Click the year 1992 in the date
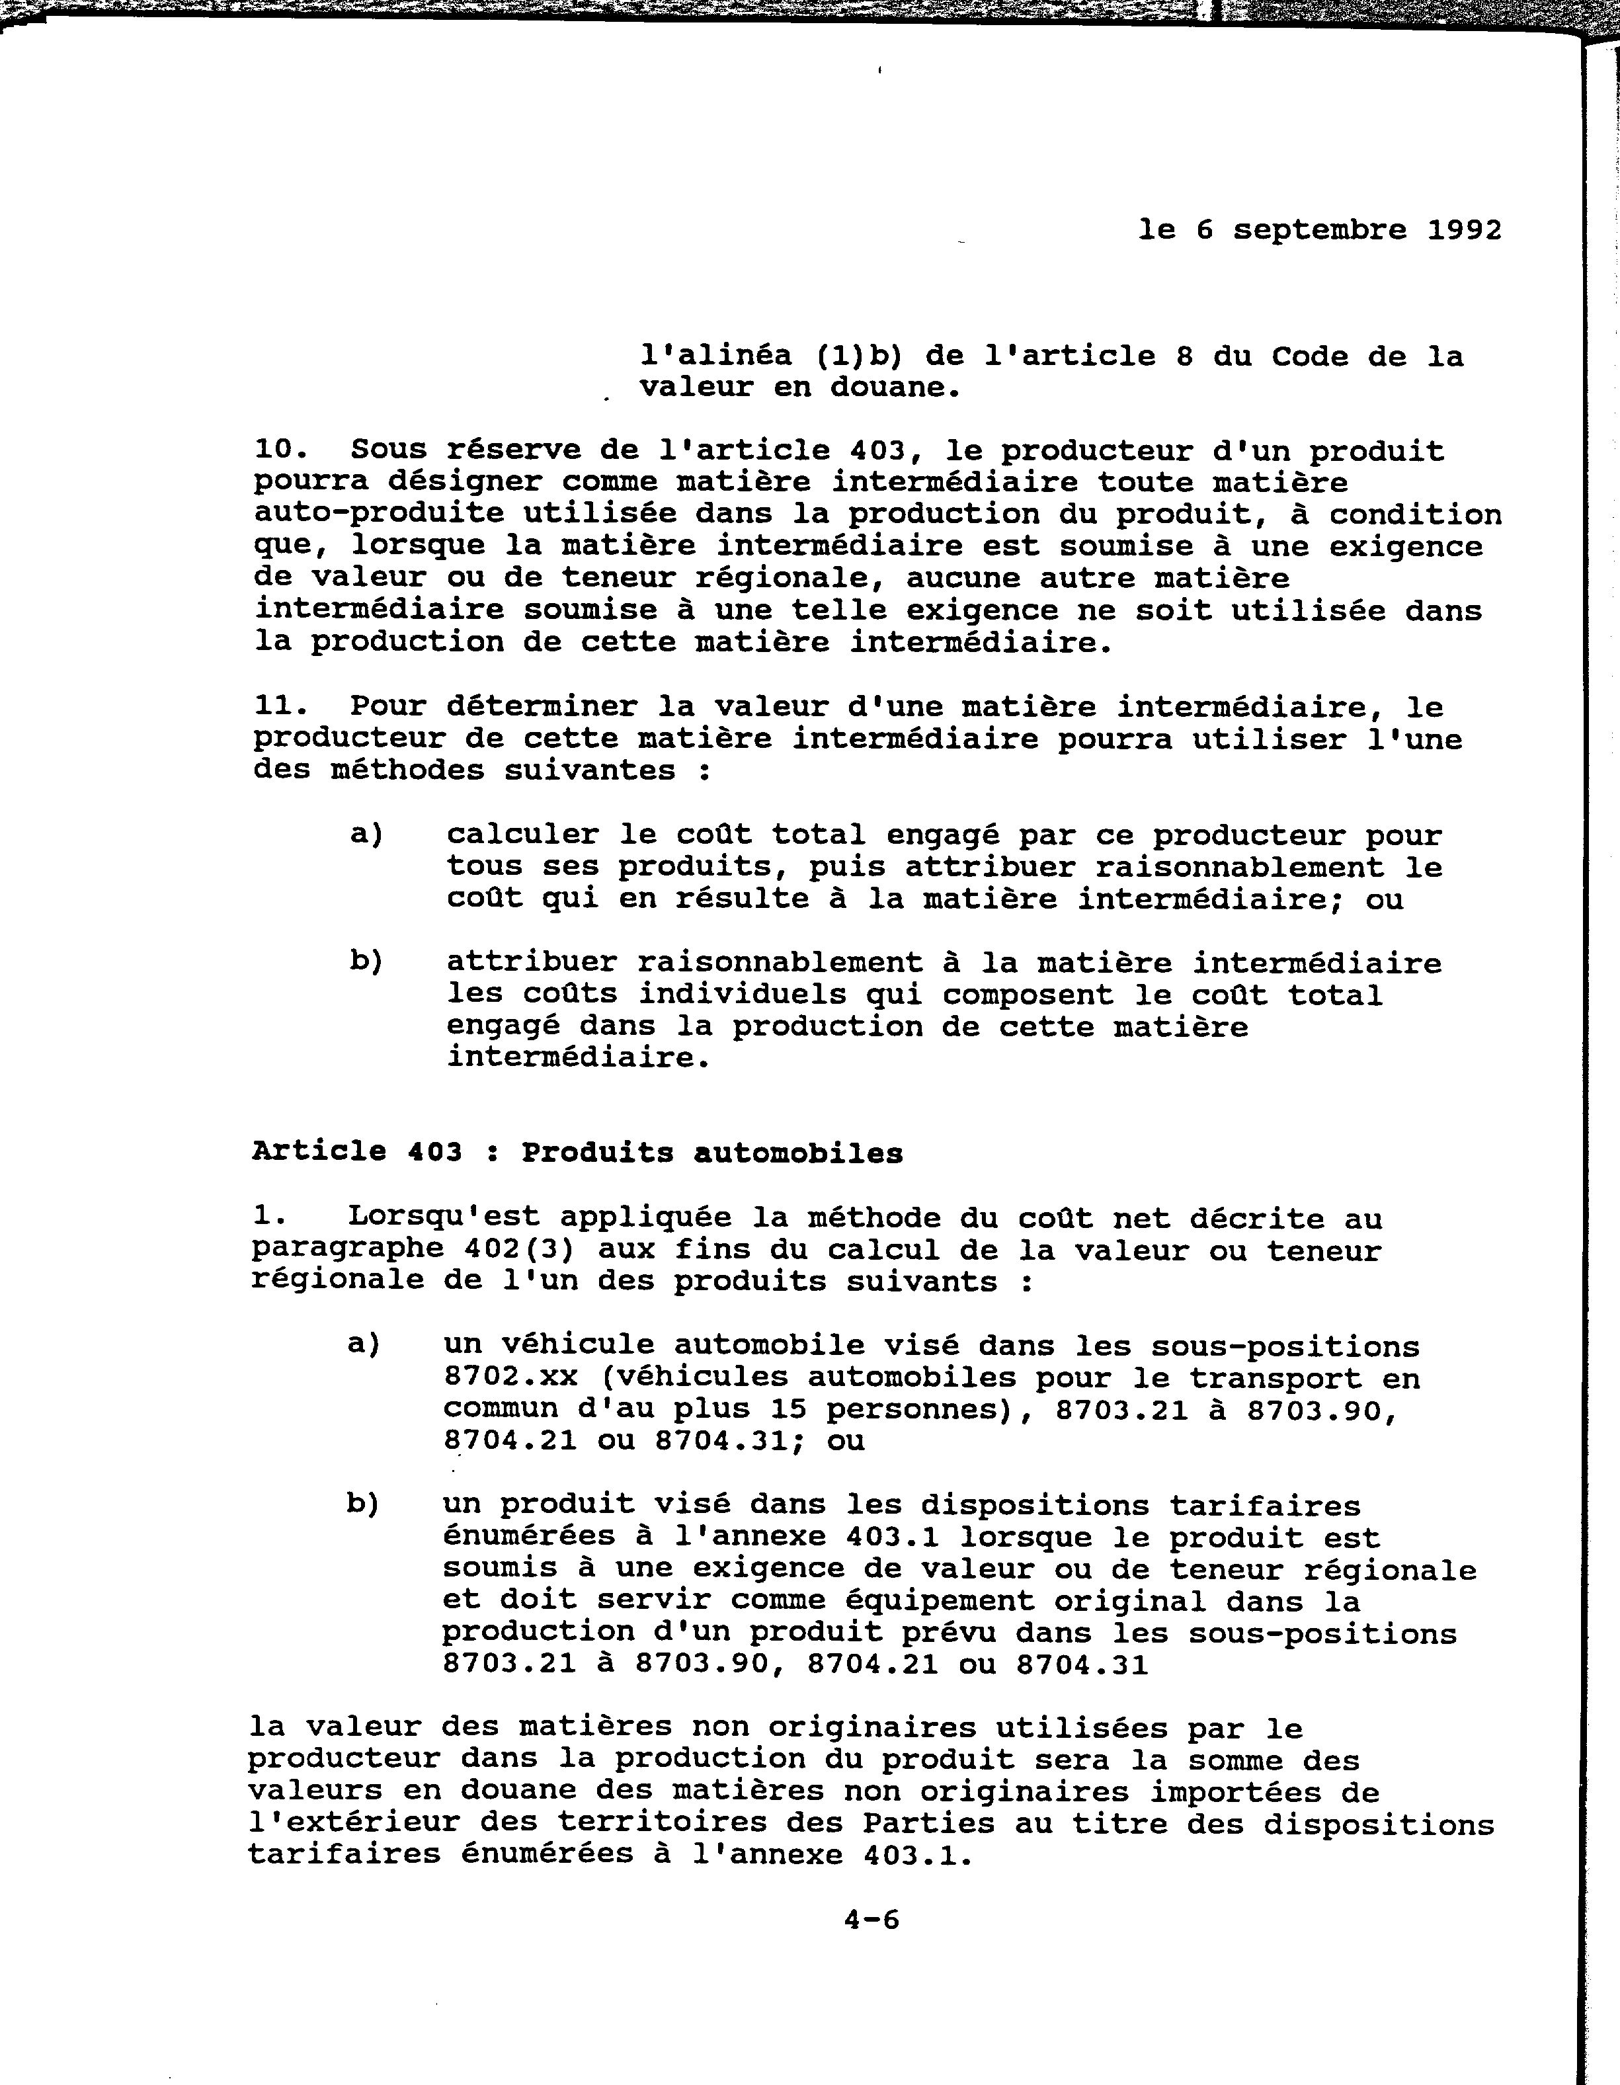point(1465,230)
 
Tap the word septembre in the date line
point(1320,230)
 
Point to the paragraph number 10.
point(282,450)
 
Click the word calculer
point(522,835)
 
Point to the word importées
point(1245,1792)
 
